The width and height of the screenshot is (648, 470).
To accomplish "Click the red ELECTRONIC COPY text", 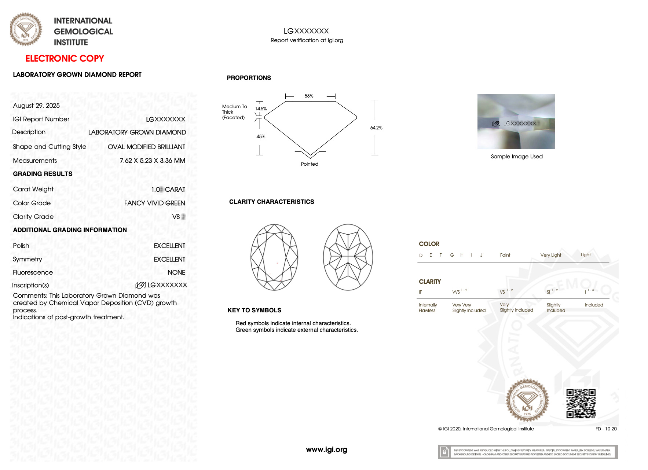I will click(65, 59).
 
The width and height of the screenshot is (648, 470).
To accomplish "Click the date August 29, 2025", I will click(36, 106).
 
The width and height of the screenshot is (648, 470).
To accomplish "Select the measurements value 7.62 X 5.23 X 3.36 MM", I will click(152, 161).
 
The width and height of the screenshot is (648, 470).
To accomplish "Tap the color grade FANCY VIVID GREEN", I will click(154, 203).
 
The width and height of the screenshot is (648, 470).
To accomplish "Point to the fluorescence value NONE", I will click(176, 272).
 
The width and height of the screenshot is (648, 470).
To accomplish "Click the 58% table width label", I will click(309, 96).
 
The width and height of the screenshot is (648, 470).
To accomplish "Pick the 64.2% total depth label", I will click(376, 128).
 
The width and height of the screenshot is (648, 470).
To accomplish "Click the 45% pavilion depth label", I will click(261, 136).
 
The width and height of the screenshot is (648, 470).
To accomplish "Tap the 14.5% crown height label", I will click(261, 109).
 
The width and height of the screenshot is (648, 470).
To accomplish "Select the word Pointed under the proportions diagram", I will click(310, 164).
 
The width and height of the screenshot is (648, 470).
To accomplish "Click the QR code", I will click(581, 403).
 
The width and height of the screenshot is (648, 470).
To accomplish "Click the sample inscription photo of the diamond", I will click(516, 121).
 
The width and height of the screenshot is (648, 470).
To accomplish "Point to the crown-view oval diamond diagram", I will click(274, 257).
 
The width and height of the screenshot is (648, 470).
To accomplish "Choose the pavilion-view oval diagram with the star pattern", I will click(348, 257).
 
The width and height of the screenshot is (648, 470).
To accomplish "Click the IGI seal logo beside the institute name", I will click(26, 29).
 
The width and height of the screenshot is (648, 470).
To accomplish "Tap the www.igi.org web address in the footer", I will click(326, 449).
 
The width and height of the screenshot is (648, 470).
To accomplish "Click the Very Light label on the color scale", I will click(550, 255).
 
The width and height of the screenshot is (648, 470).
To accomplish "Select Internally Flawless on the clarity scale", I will click(427, 308).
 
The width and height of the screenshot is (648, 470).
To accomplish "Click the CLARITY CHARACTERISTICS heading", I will click(271, 202).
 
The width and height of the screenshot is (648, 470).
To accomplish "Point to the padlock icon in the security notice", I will click(444, 452).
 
